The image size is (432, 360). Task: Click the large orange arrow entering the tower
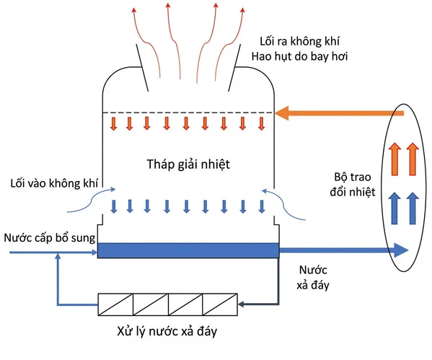(x=339, y=113)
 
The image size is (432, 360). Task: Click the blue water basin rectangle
(x=188, y=250)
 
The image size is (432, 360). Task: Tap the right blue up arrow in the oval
(x=413, y=206)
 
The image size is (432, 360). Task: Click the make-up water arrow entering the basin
(x=50, y=252)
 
